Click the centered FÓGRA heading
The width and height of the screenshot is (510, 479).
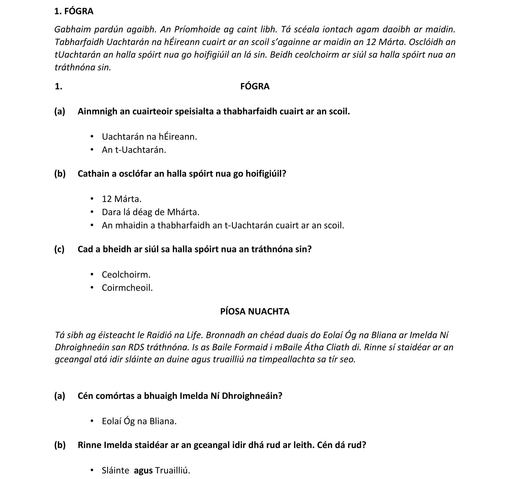[255, 86]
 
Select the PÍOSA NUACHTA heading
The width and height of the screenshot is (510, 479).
[255, 312]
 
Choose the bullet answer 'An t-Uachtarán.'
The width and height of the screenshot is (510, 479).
[134, 150]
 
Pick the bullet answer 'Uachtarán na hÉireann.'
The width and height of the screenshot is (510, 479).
[149, 137]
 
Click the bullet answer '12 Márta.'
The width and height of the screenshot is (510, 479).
[121, 199]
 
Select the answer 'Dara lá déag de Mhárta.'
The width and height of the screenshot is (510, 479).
[150, 212]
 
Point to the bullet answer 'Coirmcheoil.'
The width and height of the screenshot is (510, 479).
[127, 288]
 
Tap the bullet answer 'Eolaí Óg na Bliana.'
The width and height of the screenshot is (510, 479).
[139, 421]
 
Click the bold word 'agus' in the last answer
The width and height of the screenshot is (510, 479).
[143, 470]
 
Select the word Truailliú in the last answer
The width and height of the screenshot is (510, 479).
[173, 470]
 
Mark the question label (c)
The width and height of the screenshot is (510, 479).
[59, 249]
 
